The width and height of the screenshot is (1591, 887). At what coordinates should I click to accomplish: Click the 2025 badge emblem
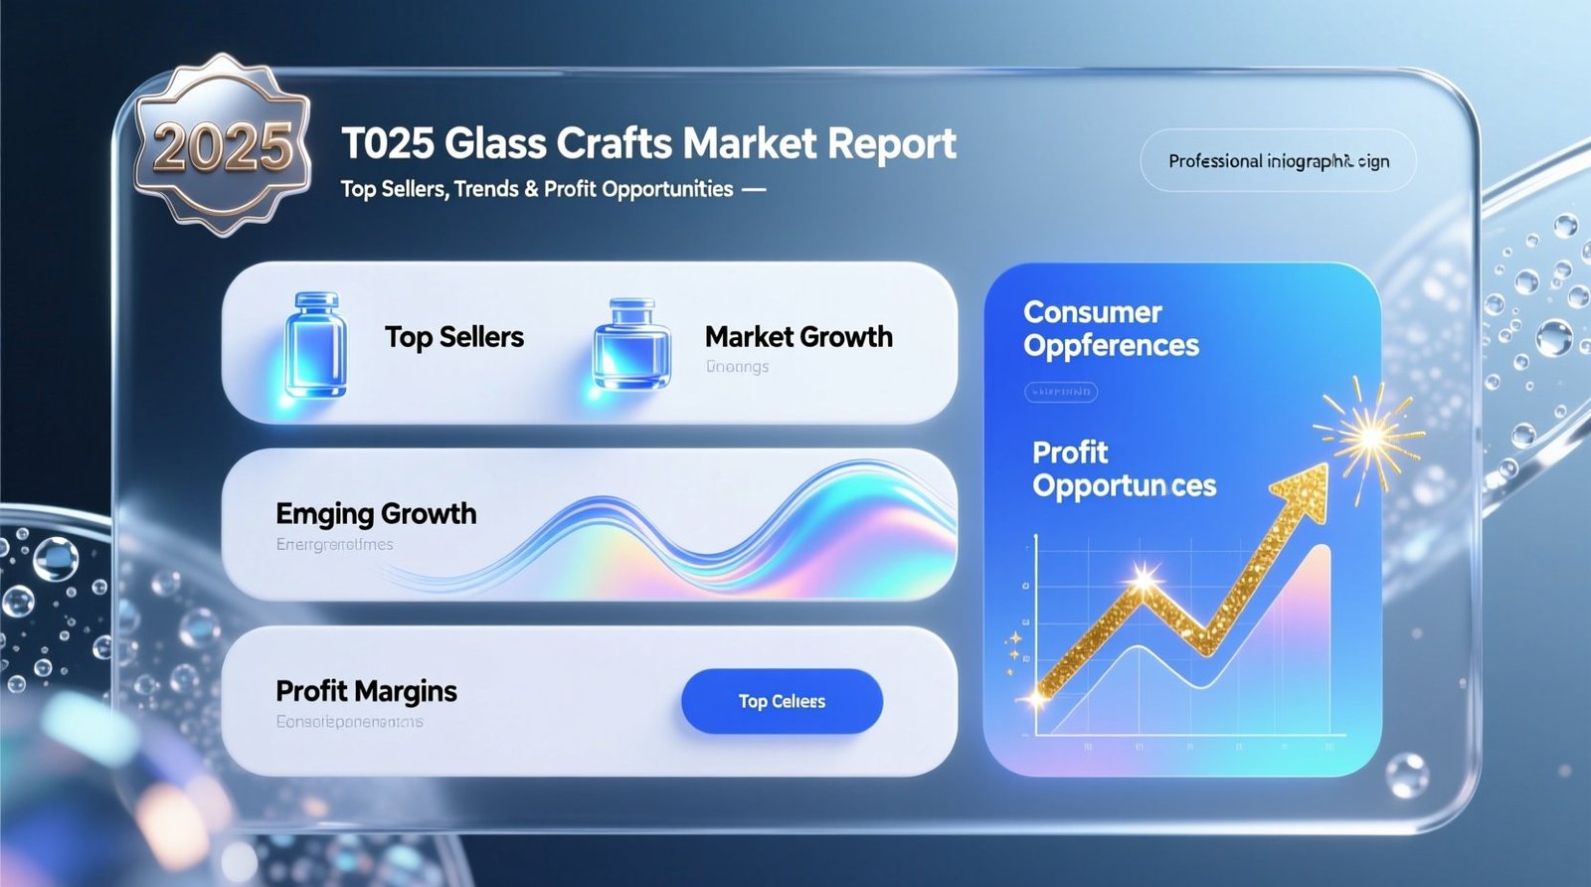point(222,145)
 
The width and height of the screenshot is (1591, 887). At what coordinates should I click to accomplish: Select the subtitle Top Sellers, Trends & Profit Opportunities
point(537,189)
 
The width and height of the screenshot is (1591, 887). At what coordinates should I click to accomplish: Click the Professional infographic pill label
point(1278,161)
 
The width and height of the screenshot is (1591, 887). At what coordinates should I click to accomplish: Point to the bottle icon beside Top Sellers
point(316,343)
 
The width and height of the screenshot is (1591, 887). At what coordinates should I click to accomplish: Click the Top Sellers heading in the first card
point(454,337)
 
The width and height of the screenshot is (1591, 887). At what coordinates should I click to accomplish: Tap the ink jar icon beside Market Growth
point(631,344)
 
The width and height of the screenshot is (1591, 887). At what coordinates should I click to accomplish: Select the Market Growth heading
point(798,337)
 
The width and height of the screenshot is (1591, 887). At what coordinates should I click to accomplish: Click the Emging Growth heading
point(376,513)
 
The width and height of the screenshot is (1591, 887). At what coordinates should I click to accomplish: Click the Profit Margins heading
point(366,691)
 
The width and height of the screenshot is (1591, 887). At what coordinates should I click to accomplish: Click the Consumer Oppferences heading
point(1111,329)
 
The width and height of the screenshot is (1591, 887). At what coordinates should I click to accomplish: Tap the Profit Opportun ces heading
point(1124,469)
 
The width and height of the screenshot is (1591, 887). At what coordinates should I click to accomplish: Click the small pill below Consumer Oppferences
point(1061,392)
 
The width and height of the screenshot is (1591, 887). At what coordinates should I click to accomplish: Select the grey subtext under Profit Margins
point(349,721)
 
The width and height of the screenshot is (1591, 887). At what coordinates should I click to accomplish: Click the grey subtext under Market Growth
point(737,367)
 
